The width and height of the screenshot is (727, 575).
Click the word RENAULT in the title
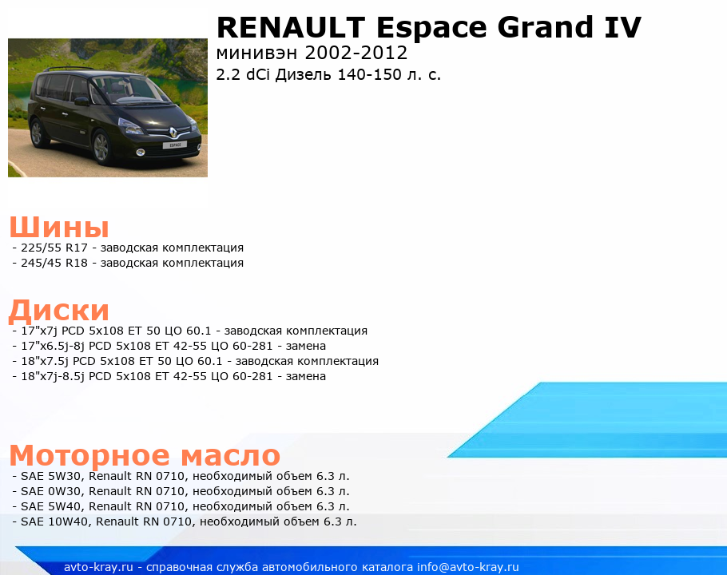[x=291, y=27]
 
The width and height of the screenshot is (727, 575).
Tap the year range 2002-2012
[x=356, y=53]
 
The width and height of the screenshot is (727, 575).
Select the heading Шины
[x=59, y=227]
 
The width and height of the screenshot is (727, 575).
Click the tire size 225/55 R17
[x=54, y=248]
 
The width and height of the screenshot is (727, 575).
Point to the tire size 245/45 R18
[x=54, y=264]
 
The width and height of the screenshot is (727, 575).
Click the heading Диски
[x=59, y=311]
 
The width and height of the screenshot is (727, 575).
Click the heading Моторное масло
[x=145, y=455]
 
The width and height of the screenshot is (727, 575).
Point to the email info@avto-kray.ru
[x=468, y=567]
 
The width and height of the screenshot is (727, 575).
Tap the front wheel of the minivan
[x=101, y=147]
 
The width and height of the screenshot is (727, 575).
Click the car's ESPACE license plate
[x=175, y=145]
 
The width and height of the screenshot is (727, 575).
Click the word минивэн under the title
[x=256, y=54]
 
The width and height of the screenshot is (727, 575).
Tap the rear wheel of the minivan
[x=37, y=133]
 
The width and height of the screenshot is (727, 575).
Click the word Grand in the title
[x=545, y=27]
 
